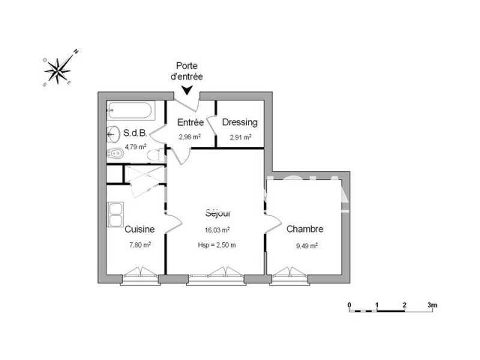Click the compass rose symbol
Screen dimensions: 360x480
(58, 71)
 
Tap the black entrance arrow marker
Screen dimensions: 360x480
(187, 90)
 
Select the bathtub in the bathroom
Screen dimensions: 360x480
(130, 110)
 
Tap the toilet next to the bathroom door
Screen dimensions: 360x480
(155, 155)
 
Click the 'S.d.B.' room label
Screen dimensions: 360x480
(135, 133)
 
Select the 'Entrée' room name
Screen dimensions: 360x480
(190, 122)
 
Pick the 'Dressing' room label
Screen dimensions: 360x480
(239, 122)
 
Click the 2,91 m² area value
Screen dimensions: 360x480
(240, 137)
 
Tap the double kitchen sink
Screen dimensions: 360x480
(115, 214)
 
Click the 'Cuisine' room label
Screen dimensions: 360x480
(140, 229)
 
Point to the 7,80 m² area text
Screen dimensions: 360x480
(140, 244)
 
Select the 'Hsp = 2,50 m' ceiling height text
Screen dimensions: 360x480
(217, 244)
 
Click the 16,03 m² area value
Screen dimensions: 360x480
(217, 229)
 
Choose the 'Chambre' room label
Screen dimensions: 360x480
(305, 229)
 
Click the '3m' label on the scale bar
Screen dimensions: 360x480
(432, 305)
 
